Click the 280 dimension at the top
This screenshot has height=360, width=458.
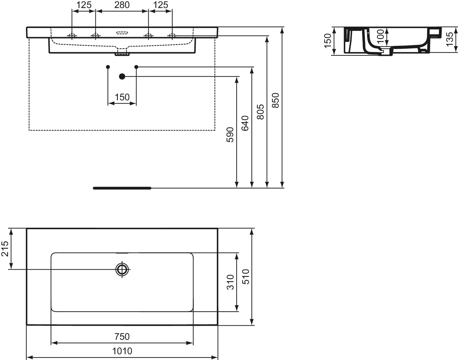click(122, 5)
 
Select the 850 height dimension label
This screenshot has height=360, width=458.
click(275, 100)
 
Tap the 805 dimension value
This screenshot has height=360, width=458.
click(260, 112)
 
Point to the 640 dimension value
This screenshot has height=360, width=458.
click(245, 123)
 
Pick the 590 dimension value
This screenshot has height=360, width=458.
click(230, 135)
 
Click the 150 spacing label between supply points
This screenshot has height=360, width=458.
click(122, 97)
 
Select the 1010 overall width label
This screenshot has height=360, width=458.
click(122, 351)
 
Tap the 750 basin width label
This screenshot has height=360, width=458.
click(122, 337)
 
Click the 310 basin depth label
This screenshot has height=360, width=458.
click(230, 282)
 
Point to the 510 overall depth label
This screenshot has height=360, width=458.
click(246, 277)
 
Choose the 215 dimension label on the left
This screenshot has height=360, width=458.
click(5, 249)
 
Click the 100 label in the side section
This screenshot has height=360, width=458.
click(380, 36)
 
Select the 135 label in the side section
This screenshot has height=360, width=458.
click(449, 39)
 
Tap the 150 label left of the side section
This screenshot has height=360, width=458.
click(328, 41)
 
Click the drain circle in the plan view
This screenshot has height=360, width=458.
click(122, 269)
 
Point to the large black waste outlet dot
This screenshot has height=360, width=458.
click(122, 76)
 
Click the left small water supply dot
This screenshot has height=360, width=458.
click(108, 67)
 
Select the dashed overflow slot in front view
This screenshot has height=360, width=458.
click(122, 33)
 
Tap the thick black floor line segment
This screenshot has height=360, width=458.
click(122, 188)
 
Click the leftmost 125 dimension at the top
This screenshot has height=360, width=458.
click(84, 5)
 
